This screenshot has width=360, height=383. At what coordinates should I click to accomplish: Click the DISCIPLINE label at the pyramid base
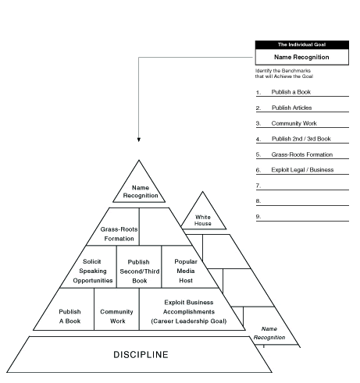141,355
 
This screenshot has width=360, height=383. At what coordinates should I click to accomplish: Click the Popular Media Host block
186,271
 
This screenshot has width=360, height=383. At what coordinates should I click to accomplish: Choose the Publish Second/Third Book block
139,271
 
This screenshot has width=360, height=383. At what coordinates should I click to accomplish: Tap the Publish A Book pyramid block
68,316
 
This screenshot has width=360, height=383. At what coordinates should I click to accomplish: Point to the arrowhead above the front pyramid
139,140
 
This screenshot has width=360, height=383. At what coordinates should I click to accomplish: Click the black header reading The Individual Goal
302,44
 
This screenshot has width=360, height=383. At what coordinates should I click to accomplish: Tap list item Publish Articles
291,108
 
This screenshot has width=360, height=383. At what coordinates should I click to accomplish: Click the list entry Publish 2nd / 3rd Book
301,139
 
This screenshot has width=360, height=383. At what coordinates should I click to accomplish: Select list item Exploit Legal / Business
302,170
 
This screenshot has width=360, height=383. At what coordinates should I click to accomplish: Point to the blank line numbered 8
302,205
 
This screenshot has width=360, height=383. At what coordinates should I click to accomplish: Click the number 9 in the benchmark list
258,216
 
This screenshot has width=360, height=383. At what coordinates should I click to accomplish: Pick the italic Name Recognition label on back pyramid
269,333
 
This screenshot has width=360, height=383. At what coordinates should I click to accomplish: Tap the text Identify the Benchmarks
283,71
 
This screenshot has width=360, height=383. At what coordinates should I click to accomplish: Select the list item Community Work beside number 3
294,123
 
